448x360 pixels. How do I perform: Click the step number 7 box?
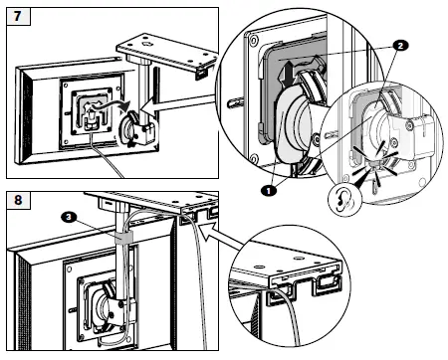click(x=18, y=16)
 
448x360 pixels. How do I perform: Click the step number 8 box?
click(x=18, y=200)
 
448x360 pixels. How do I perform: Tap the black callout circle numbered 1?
click(x=269, y=191)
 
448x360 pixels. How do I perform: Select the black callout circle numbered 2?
click(x=400, y=46)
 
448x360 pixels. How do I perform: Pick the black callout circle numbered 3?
click(x=69, y=217)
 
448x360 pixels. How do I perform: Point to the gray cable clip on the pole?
click(x=123, y=238)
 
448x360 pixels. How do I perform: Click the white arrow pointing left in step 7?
click(x=176, y=102)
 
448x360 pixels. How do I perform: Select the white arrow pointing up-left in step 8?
click(x=222, y=238)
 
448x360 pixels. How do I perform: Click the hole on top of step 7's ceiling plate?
click(x=146, y=44)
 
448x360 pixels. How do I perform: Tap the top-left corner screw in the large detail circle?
click(x=253, y=41)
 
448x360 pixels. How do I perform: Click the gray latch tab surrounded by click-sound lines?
click(x=375, y=163)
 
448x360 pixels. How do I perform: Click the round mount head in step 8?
click(x=103, y=305)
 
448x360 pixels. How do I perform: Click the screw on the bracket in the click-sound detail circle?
click(x=412, y=125)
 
